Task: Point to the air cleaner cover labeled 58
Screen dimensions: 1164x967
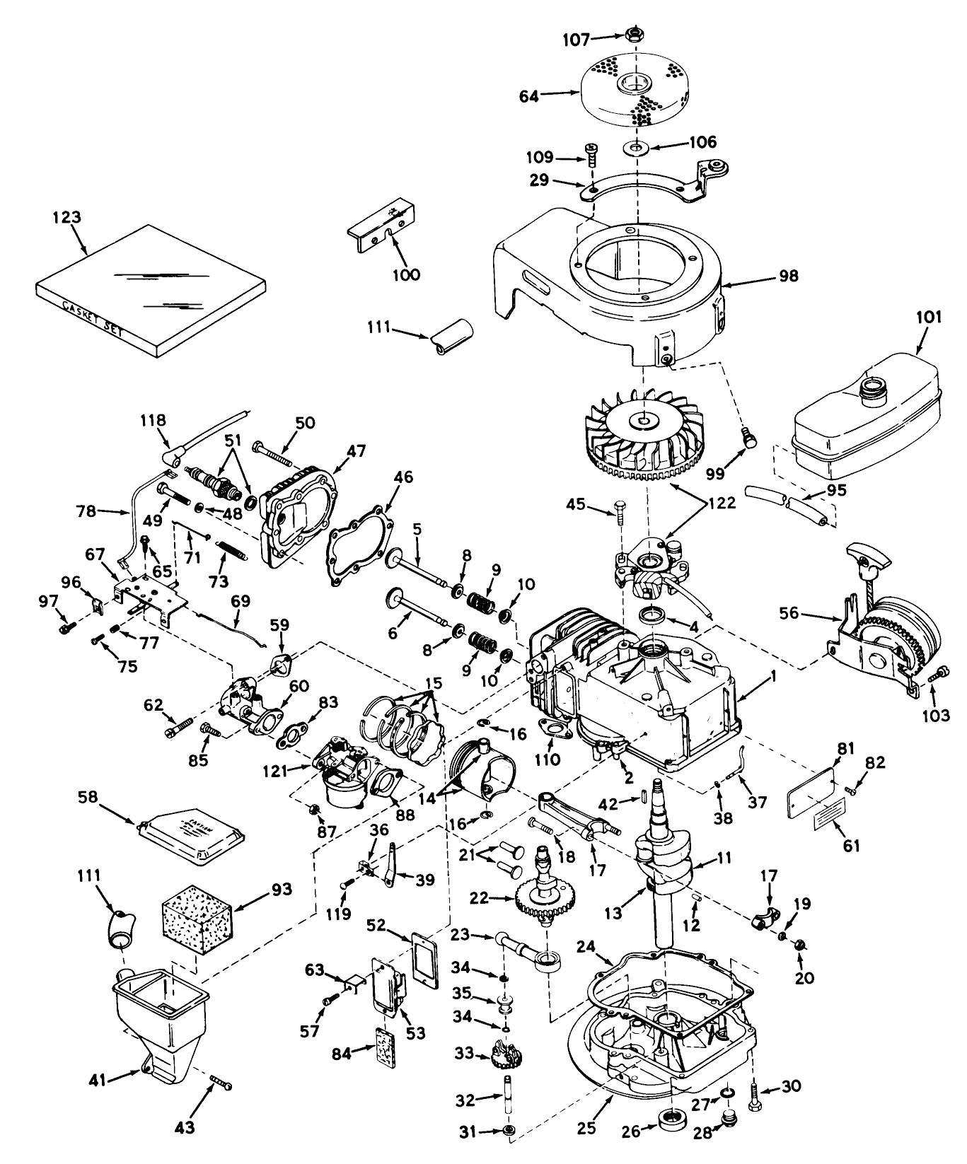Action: (x=195, y=836)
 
